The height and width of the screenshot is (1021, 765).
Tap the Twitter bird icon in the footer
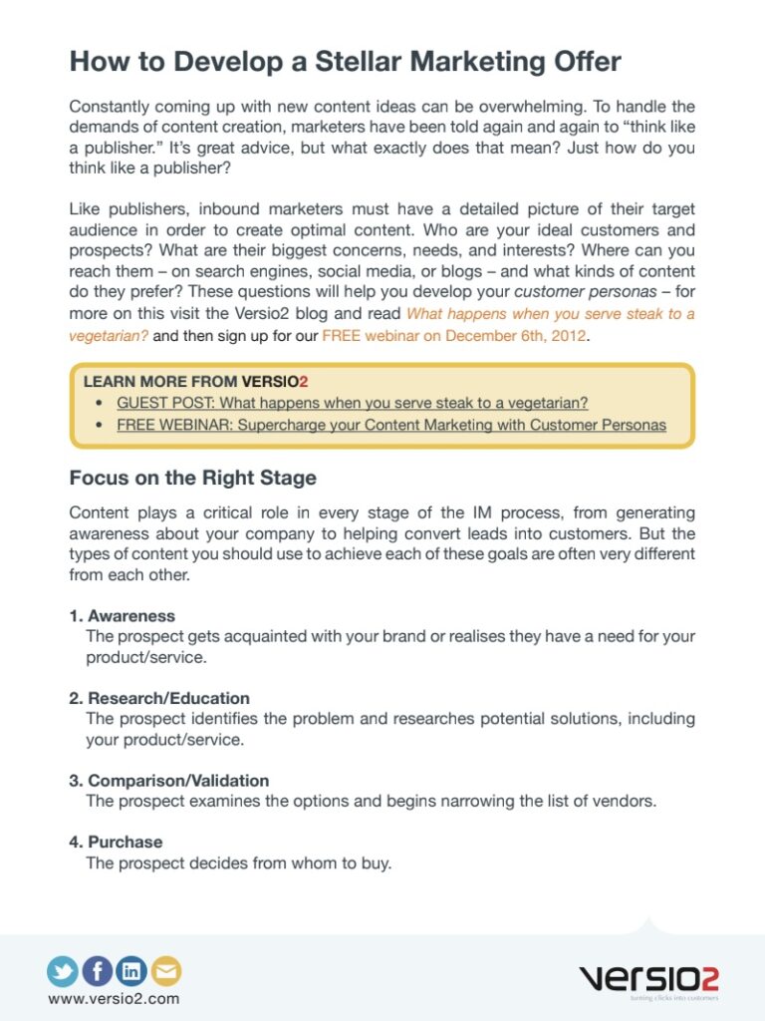tap(63, 970)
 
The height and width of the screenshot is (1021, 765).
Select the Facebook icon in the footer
tap(97, 970)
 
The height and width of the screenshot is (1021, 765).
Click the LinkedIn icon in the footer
tap(131, 970)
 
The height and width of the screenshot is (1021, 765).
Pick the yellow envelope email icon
tap(165, 970)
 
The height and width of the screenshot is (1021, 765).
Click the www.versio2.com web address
tap(114, 998)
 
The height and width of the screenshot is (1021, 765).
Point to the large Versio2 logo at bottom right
tap(647, 978)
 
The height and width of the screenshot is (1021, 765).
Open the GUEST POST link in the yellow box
tap(353, 403)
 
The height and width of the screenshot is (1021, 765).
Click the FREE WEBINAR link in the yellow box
tap(391, 425)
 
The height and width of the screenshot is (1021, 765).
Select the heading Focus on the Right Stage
tap(192, 478)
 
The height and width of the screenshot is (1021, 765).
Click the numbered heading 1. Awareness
tap(122, 616)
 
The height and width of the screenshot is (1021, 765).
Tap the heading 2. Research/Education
tap(159, 698)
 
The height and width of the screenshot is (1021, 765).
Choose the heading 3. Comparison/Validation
tap(169, 781)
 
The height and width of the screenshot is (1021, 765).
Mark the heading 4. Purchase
tap(116, 842)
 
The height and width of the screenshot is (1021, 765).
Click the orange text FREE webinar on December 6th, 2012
tap(455, 336)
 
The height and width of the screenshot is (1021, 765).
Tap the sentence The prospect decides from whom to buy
tap(239, 863)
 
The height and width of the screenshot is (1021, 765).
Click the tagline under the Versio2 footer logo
tap(667, 997)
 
